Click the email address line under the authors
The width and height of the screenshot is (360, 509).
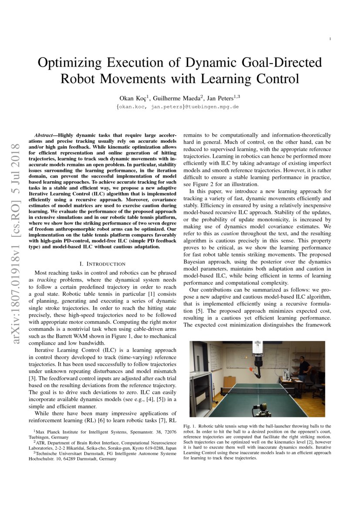pyautogui.click(x=179, y=107)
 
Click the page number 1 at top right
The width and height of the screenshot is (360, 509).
pyautogui.click(x=330, y=39)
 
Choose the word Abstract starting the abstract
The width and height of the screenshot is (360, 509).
pyautogui.click(x=45, y=136)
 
